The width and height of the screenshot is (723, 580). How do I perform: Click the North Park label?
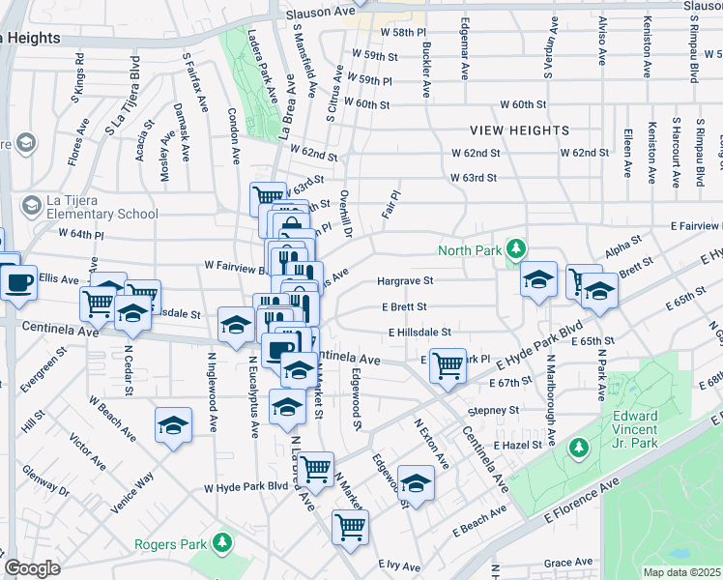pos(469,250)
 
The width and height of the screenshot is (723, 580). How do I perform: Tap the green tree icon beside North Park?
pos(516,249)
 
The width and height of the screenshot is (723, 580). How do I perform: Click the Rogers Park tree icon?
pos(223,542)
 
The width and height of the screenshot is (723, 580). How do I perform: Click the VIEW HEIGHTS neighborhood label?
pos(520,130)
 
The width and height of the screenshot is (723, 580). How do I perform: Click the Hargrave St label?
pos(405,281)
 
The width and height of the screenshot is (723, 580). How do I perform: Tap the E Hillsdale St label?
pos(420,332)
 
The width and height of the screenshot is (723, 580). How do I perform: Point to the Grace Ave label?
pos(568,562)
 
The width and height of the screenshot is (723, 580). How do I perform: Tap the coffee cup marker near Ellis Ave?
pos(18,282)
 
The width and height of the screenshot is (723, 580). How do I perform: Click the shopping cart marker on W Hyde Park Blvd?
pos(315,469)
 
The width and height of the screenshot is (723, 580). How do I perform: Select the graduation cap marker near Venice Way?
pos(173,424)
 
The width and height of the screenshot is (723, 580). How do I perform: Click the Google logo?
pos(33,568)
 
